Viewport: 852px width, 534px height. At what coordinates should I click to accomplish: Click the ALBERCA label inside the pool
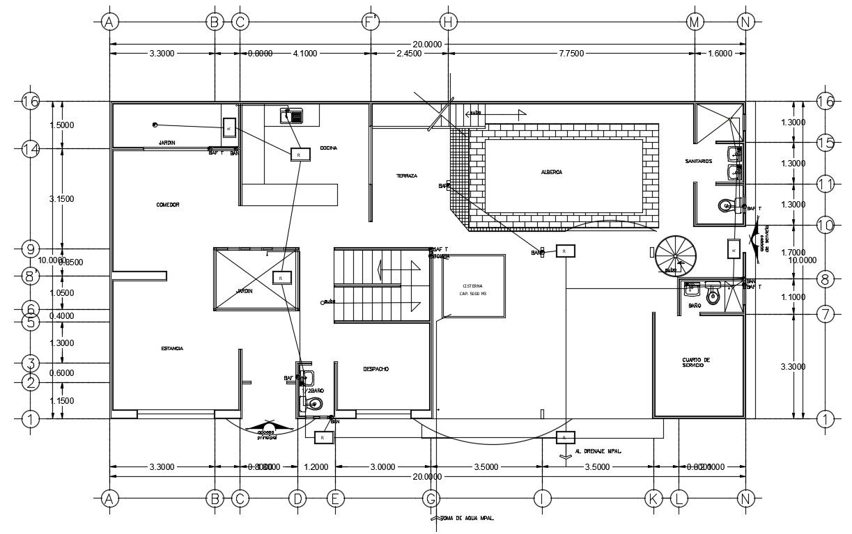pyautogui.click(x=550, y=172)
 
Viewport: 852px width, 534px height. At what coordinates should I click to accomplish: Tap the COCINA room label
pyautogui.click(x=329, y=148)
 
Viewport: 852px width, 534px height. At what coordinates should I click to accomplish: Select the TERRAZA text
pyautogui.click(x=407, y=176)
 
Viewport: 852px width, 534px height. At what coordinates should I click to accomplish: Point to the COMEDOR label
pyautogui.click(x=168, y=205)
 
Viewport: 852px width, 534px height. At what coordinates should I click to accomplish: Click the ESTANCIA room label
pyautogui.click(x=171, y=348)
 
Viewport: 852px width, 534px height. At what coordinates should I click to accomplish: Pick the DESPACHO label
pyautogui.click(x=376, y=368)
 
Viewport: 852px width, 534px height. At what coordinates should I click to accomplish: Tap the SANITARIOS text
pyautogui.click(x=698, y=161)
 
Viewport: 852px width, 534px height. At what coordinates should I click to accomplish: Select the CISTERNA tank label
pyautogui.click(x=472, y=290)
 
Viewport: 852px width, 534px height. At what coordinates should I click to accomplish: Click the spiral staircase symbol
pyautogui.click(x=675, y=255)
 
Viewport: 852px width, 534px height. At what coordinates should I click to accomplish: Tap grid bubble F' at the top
pyautogui.click(x=371, y=22)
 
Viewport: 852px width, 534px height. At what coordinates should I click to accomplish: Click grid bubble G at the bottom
pyautogui.click(x=431, y=498)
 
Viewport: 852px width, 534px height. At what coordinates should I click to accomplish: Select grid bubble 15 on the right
pyautogui.click(x=825, y=143)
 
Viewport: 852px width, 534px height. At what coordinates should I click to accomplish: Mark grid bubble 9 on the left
pyautogui.click(x=30, y=249)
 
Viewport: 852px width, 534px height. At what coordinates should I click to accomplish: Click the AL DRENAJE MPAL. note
pyautogui.click(x=598, y=451)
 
